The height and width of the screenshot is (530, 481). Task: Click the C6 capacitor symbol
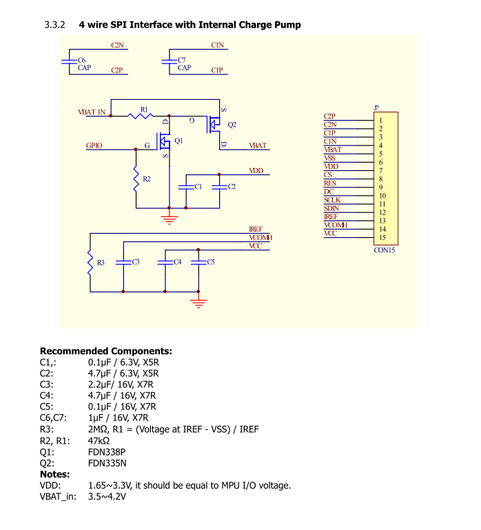(70, 61)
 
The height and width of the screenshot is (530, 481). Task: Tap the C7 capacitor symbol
(170, 61)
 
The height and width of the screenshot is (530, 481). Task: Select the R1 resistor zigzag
(140, 116)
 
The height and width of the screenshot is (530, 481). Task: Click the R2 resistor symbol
(136, 179)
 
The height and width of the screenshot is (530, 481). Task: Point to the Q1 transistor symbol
(164, 141)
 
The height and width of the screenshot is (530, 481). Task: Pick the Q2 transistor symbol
(213, 124)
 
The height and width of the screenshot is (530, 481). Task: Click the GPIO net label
(94, 145)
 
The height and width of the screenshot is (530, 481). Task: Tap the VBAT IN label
(92, 112)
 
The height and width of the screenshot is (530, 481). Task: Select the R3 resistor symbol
(90, 263)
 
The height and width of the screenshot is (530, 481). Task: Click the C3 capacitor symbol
(123, 263)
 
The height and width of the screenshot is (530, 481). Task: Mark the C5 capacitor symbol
(198, 263)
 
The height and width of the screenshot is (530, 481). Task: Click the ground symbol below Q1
(170, 219)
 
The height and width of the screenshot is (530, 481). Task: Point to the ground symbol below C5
(198, 303)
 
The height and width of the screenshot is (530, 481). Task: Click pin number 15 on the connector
(382, 237)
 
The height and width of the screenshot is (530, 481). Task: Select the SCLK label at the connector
(332, 200)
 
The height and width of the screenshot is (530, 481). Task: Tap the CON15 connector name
(385, 250)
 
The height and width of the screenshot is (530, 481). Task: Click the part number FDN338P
(107, 452)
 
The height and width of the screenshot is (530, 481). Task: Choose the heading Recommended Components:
(106, 351)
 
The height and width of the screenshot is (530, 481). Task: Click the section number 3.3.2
(54, 25)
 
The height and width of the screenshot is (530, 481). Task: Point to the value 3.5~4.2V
(107, 496)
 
